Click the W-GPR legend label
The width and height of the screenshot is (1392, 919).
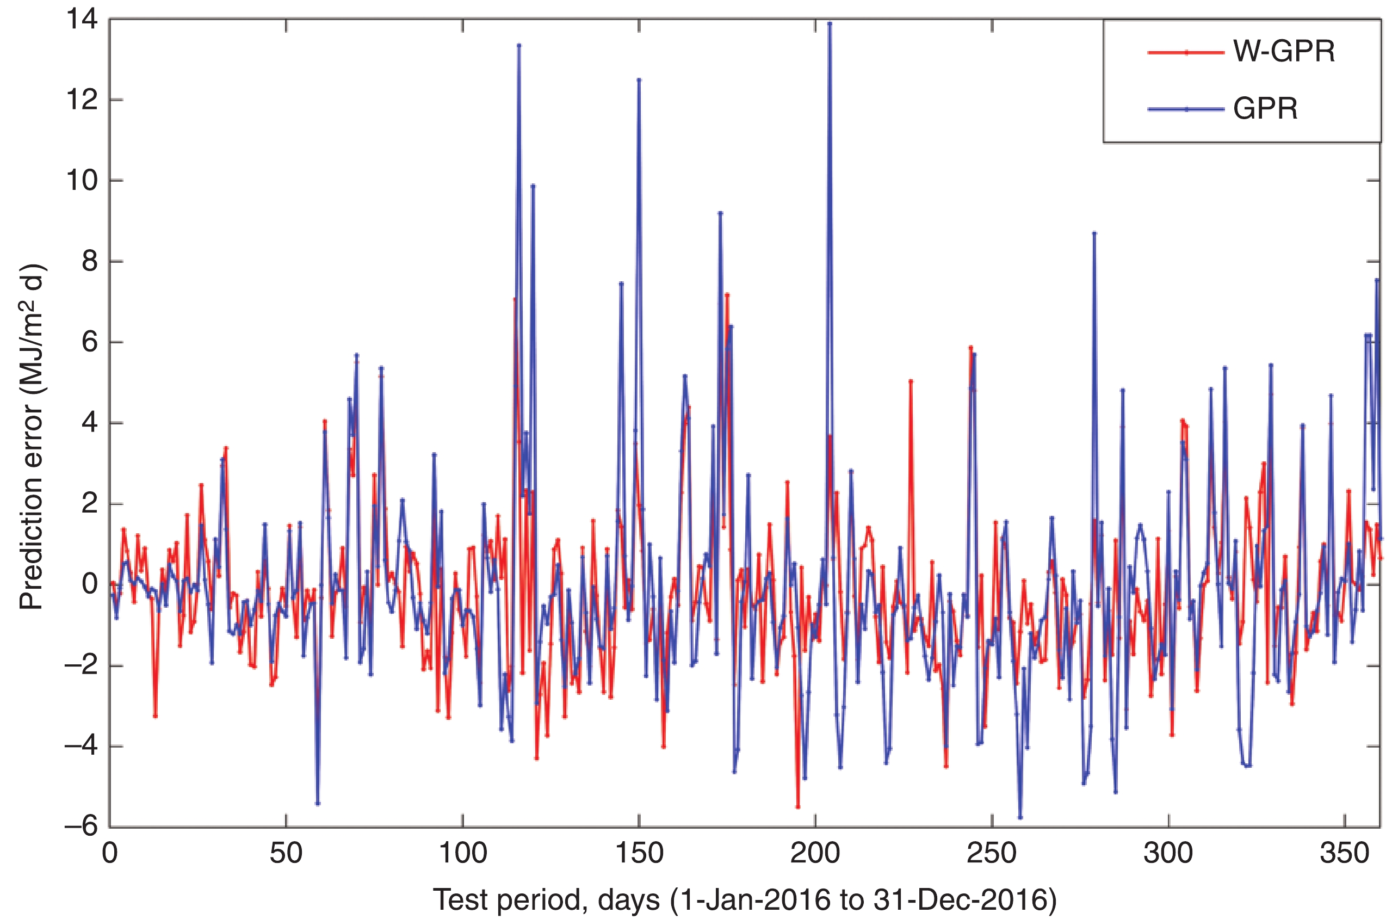[1284, 52]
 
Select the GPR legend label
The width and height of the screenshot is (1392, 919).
[1265, 108]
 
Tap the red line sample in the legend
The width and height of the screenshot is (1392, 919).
[1186, 52]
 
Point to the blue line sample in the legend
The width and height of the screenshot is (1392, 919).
[1186, 109]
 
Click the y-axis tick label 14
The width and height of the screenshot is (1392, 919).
[82, 20]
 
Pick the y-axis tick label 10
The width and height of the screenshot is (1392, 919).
[82, 181]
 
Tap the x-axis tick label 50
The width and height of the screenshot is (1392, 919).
[286, 853]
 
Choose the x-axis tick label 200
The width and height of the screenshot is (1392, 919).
[815, 853]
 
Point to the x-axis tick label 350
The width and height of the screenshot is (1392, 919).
[1344, 853]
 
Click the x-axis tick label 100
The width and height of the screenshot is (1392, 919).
[463, 853]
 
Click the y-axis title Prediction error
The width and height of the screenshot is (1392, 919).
[32, 436]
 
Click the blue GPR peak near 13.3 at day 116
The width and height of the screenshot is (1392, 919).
[519, 45]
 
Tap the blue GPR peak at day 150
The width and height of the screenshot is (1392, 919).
[639, 79]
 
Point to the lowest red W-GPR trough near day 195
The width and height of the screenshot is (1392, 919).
[797, 807]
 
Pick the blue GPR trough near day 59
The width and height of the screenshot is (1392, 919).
[318, 804]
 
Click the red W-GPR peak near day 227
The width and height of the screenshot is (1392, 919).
[911, 381]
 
